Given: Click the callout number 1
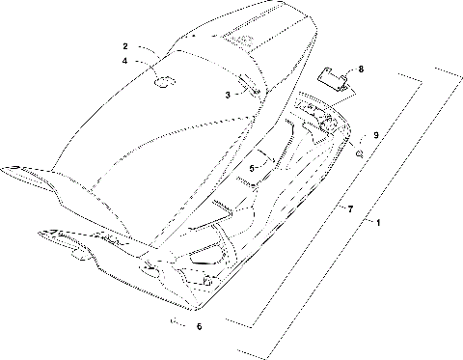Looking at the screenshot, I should tap(379, 223).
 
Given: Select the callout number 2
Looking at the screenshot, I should tap(125, 46).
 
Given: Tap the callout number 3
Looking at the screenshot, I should tap(228, 95).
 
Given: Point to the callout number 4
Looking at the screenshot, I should tap(125, 62).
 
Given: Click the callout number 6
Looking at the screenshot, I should tap(200, 326).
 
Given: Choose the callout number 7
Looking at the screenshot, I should tap(350, 208).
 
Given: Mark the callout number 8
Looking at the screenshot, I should tap(361, 69).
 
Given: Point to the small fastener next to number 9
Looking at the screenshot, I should tap(359, 152).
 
